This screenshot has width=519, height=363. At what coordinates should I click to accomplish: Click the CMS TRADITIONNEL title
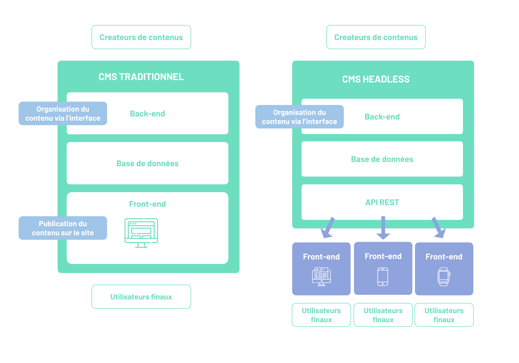tap(141, 77)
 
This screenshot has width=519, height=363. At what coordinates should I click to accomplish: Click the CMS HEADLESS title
tap(376, 79)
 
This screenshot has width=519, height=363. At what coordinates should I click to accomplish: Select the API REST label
tap(382, 202)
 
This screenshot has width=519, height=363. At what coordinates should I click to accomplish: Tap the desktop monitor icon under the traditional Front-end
tap(141, 233)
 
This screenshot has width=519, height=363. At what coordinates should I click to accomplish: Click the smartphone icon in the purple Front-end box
tap(383, 277)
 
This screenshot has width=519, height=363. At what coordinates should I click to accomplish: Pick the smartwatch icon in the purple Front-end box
tap(444, 277)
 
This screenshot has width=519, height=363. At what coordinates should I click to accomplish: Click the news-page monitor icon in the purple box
tap(321, 277)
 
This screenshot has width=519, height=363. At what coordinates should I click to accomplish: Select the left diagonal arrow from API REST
tap(327, 228)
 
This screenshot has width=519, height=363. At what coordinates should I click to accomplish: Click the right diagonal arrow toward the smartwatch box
tap(439, 228)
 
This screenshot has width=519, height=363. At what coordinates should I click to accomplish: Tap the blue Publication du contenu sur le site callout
tap(63, 228)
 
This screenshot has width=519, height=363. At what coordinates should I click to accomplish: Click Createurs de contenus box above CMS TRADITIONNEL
tap(141, 37)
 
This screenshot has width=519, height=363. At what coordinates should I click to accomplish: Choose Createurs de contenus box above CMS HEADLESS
tap(376, 37)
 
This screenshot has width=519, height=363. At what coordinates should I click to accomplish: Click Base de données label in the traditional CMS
tap(147, 163)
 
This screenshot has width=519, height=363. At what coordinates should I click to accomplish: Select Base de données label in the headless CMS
tap(382, 159)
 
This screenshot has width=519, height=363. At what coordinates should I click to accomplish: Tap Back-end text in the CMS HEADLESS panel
tap(382, 117)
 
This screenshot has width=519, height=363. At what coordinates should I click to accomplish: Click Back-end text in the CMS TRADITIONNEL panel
tap(147, 114)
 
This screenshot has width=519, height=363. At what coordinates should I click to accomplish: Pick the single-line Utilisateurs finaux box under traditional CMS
tap(141, 297)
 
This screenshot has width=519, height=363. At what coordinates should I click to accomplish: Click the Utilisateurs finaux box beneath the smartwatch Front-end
tap(444, 315)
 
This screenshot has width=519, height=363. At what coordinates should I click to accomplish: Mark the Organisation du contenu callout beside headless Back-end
tap(299, 117)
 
